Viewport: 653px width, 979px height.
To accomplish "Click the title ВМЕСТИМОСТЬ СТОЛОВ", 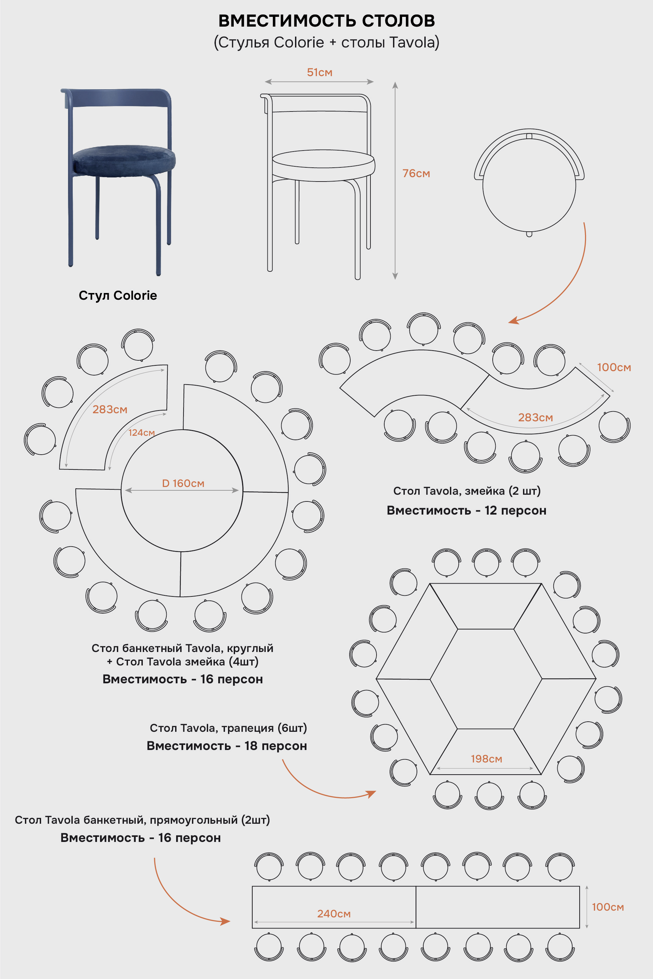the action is point(327,21).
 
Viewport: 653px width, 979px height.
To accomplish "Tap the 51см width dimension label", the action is point(319,72).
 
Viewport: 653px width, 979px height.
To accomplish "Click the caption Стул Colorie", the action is point(118,295).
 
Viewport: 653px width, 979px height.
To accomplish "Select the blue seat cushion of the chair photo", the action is point(124,160).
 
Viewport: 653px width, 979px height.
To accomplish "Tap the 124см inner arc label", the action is point(141,433).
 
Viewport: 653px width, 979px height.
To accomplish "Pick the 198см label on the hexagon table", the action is point(486,759).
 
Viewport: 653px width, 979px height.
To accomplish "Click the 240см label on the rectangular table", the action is point(334,914).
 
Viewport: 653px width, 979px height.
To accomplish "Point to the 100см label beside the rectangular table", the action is point(608,907).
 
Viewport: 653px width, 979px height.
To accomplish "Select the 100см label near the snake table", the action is point(614,367).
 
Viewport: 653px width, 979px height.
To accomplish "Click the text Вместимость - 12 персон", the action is point(466,510).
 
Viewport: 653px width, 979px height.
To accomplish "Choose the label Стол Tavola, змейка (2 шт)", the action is point(467,491).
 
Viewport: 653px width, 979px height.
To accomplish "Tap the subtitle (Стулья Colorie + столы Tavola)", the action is point(327,42).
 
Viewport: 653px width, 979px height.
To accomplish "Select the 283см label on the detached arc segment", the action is point(110,409).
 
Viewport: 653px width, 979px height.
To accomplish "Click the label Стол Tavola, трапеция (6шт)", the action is point(228,728).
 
